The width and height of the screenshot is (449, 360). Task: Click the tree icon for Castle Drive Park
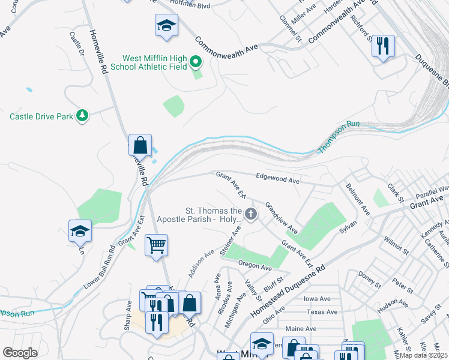[83, 115]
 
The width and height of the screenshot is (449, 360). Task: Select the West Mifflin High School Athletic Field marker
[195, 62]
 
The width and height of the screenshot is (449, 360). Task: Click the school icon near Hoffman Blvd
[166, 26]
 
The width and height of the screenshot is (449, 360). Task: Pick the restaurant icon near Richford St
[382, 46]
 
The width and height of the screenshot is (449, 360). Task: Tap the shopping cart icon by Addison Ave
[156, 245]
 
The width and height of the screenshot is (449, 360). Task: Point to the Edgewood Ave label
[277, 179]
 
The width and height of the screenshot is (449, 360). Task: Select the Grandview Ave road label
[282, 217]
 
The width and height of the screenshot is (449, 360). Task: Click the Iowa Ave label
[318, 299]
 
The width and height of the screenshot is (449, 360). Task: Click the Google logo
[20, 353]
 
